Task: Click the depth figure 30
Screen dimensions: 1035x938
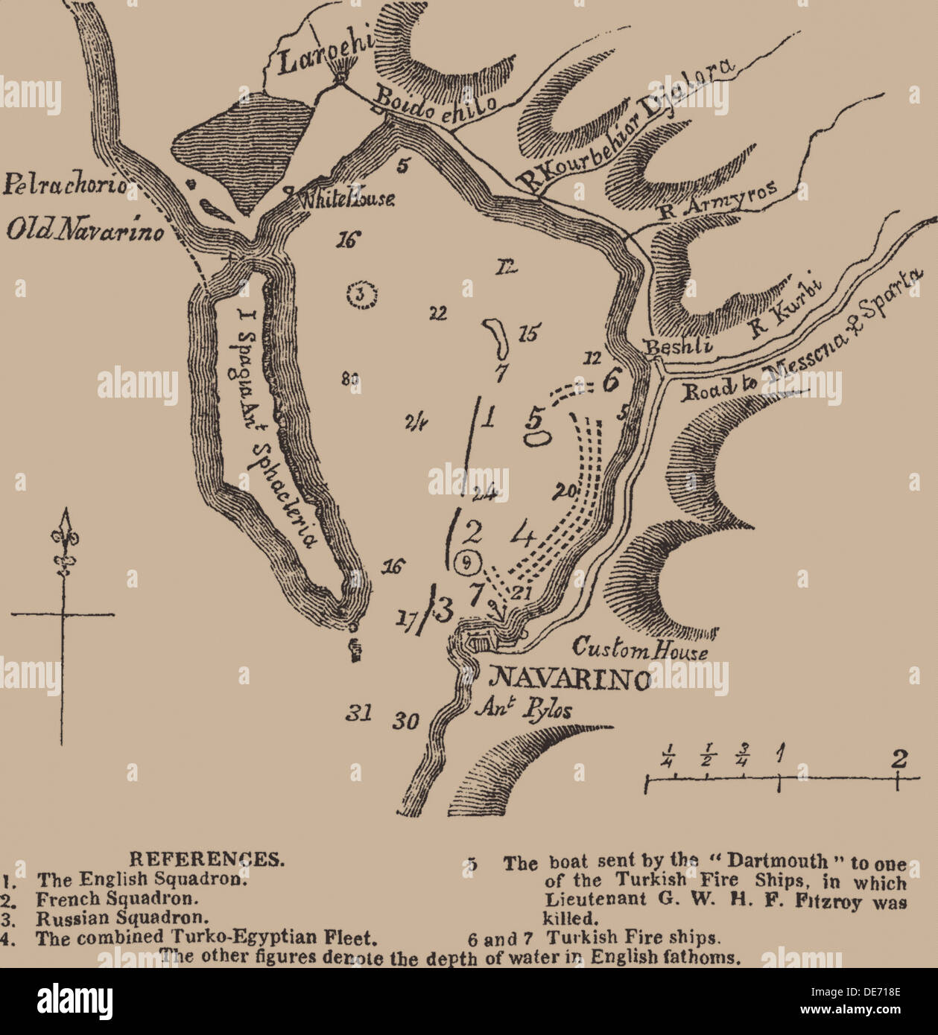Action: click(x=407, y=720)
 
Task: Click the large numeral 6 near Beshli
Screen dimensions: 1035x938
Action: click(x=610, y=380)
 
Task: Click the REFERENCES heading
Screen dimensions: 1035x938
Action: click(x=206, y=859)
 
